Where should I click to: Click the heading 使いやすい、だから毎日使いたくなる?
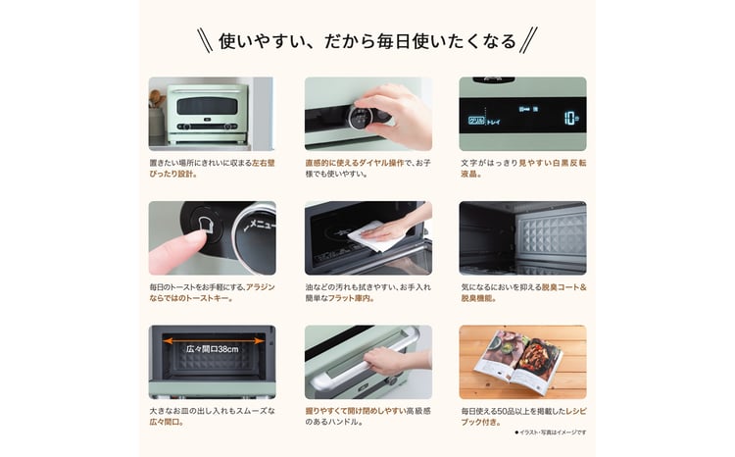tap(367, 41)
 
